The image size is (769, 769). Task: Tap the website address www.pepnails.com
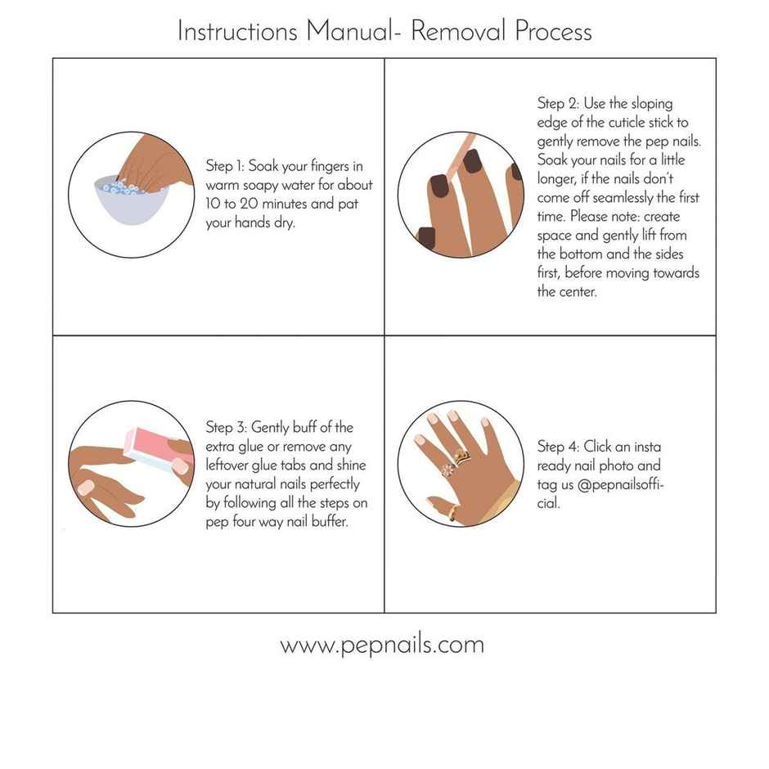pos(382,645)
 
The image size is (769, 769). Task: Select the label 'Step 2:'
pos(556,103)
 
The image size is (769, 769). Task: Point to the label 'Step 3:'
pos(226,428)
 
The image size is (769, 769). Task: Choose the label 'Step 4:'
pos(557,447)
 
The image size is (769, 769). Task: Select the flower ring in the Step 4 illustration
pos(447,469)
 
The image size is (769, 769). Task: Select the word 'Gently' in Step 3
pos(269,428)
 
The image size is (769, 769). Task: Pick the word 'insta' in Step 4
pos(645,447)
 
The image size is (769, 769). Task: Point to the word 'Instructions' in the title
pos(237,31)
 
